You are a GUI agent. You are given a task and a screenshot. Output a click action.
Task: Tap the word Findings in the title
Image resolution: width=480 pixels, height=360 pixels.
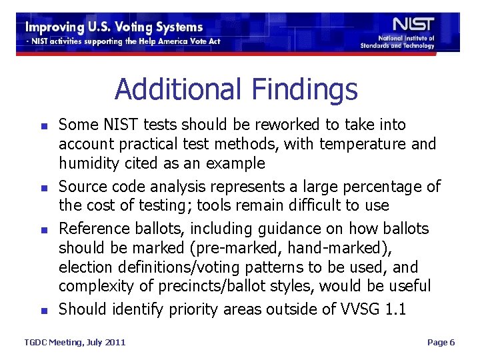tap(305, 89)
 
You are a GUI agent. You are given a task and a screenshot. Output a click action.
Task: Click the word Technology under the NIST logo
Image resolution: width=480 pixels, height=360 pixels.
tap(417, 46)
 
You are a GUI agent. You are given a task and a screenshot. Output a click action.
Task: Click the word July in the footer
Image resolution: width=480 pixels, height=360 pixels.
tap(87, 342)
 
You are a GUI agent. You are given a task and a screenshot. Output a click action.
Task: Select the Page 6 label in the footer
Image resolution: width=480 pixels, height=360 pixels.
tap(441, 342)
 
